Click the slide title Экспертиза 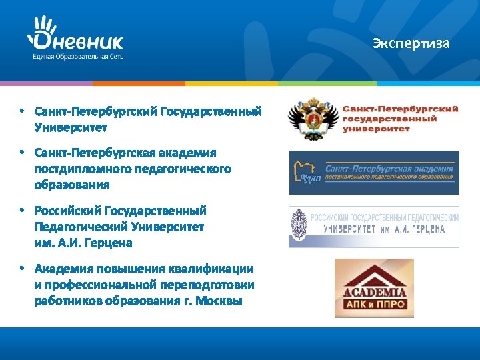pyautogui.click(x=411, y=44)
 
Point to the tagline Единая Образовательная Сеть pyautogui.click(x=79, y=57)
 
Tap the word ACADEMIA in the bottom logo pyautogui.click(x=374, y=291)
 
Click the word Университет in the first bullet pyautogui.click(x=71, y=126)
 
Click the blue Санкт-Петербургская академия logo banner pyautogui.click(x=374, y=173)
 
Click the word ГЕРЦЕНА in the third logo pyautogui.click(x=421, y=229)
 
